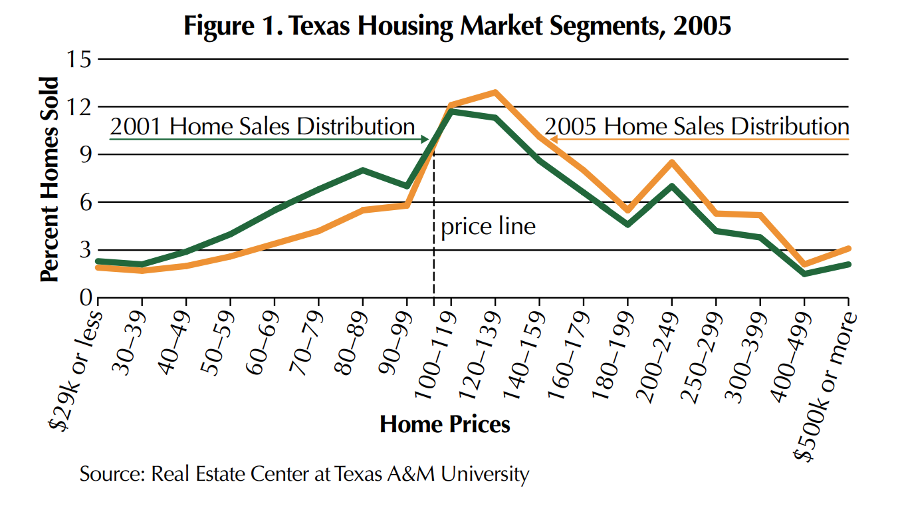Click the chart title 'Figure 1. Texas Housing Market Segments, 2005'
tap(458, 26)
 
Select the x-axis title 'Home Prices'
tap(445, 424)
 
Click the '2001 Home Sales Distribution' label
tap(263, 126)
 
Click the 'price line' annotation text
tap(488, 227)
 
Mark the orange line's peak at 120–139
tap(495, 92)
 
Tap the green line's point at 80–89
tap(362, 170)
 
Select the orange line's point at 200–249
tap(672, 162)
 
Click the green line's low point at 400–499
tap(804, 273)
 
